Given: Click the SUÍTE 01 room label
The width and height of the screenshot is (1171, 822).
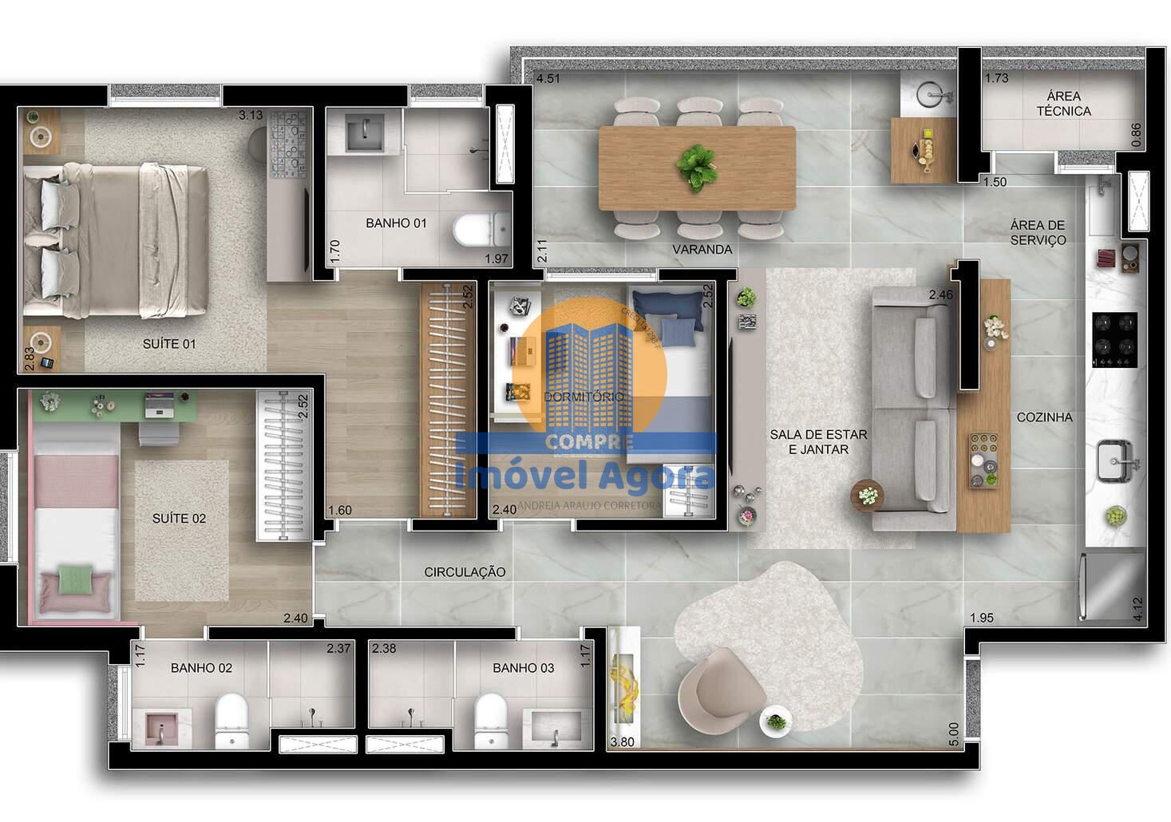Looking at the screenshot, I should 168,344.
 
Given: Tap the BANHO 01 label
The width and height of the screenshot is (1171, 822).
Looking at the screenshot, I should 396,223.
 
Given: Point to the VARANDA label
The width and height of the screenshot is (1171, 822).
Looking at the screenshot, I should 702,250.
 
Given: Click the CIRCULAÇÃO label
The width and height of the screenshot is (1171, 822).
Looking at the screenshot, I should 465,571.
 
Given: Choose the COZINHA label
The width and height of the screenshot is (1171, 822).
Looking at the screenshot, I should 1044,417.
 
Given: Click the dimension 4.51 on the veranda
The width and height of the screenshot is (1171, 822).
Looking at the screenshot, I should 548,78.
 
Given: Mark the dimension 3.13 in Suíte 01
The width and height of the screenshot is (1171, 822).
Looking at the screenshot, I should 251,115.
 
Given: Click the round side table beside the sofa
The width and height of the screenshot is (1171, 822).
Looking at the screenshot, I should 868,494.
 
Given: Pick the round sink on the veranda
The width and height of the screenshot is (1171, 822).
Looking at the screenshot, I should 933,95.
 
